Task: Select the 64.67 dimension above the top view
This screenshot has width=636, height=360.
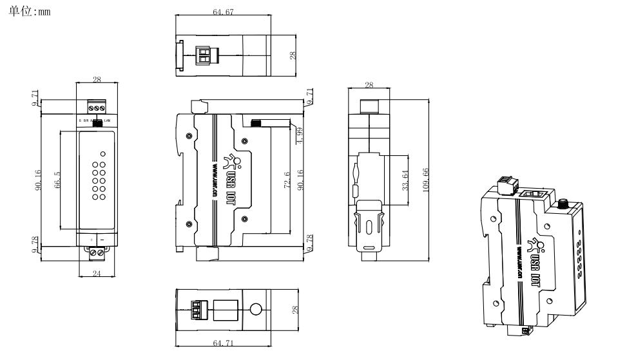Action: tap(223, 12)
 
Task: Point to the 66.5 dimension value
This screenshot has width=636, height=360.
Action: tap(57, 180)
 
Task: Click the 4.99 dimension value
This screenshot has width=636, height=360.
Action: tap(300, 135)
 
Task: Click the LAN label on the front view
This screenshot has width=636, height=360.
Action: tap(107, 121)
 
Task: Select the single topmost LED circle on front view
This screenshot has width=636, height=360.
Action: tap(102, 154)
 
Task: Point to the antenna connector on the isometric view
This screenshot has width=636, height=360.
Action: tap(562, 205)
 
